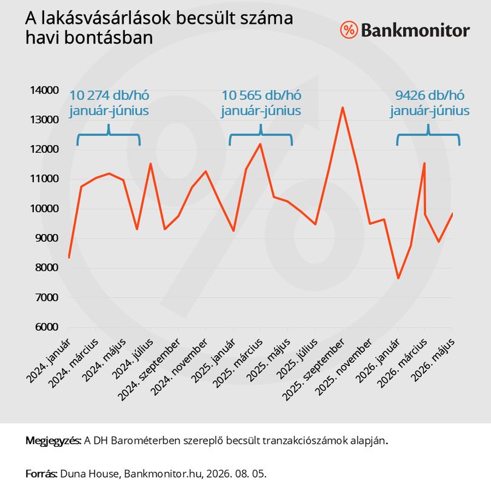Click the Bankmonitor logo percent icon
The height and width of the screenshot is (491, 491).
pos(349,30)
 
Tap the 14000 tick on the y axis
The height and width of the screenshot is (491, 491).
pos(44,90)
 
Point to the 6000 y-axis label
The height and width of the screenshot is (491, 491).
pos(47,327)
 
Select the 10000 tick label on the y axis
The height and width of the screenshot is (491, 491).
pos(44,209)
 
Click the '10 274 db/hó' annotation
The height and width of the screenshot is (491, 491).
pos(109,95)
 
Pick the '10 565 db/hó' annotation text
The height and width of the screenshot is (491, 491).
pos(261,95)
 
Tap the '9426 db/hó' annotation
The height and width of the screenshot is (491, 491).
pos(430,95)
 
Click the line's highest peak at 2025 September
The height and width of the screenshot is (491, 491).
pos(342,108)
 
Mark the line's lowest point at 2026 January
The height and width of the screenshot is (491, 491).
pos(398,278)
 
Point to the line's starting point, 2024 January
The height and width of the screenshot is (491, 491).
pos(69,258)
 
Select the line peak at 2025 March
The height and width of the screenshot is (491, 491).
pos(260,144)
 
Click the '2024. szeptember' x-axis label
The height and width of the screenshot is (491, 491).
pos(150,370)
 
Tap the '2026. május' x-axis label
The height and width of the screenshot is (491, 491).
pos(433,360)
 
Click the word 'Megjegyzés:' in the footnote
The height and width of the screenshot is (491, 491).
pos(53,441)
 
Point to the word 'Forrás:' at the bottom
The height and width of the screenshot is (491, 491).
pos(41,473)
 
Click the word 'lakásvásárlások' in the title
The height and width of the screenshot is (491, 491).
pos(106,18)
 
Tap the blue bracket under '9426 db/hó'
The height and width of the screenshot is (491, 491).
pos(428,135)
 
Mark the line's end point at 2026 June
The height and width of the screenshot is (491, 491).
pos(452,213)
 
